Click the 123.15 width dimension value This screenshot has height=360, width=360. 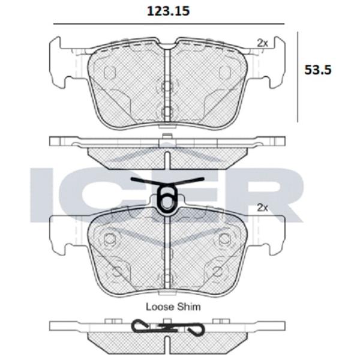tap(168, 11)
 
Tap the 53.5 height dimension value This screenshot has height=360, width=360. tap(318, 70)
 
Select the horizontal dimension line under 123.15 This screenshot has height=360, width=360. tap(169, 24)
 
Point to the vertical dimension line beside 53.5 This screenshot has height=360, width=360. tap(298, 77)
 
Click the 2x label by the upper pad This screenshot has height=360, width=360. tap(262, 43)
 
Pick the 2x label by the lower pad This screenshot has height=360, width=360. tap(262, 208)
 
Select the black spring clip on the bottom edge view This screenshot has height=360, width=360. tap(168, 327)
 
